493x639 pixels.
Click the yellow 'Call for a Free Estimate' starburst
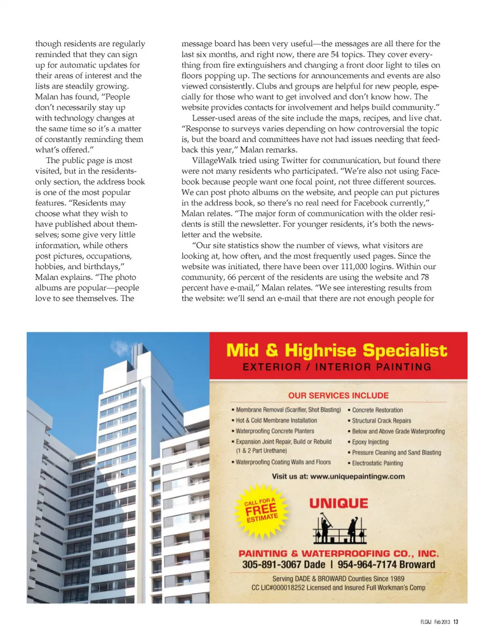pos(261,511)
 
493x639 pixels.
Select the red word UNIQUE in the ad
pos(338,504)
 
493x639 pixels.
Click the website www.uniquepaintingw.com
pos(357,476)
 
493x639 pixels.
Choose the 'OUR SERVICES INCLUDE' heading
pos(338,396)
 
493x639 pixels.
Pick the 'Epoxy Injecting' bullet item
pos(370,442)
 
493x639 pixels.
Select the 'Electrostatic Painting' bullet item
pos(377,463)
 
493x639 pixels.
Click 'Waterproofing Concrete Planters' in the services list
pos(275,431)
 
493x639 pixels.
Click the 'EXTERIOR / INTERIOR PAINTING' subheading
pos(337,367)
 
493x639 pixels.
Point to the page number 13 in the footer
pos(456,622)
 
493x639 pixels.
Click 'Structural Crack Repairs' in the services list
pos(382,420)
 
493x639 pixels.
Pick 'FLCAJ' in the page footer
pos(426,622)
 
